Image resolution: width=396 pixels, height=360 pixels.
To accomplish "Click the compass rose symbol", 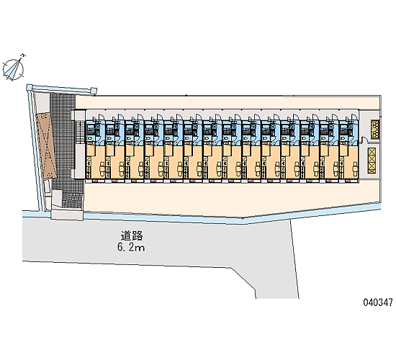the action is point(13,69).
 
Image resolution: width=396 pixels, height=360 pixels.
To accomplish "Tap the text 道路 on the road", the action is point(132,235).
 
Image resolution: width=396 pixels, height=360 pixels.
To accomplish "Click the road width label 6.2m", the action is point(131,248).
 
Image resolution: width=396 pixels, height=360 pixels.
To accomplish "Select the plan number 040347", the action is point(378,302).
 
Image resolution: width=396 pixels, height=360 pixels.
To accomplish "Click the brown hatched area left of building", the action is point(46,145).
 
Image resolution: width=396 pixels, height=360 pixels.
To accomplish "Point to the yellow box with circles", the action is point(375,129).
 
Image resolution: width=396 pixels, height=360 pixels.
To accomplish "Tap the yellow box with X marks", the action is point(372,161).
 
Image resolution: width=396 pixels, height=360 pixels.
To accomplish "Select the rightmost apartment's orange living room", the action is point(349,161).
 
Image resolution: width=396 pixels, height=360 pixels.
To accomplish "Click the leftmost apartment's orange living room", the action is point(96,161).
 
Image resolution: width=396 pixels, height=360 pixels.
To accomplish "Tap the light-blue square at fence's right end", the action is point(94,90).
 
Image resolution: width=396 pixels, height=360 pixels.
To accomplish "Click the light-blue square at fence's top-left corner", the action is point(30,87).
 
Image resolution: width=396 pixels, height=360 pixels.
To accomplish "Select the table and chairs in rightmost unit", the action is point(354,168).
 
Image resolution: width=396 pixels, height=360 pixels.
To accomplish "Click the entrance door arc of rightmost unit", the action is point(355,117).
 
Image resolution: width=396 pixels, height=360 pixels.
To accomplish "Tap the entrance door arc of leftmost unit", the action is point(102,117).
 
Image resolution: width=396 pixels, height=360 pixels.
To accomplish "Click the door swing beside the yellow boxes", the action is point(364,140).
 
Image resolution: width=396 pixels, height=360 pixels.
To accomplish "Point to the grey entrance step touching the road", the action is point(67,215).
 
